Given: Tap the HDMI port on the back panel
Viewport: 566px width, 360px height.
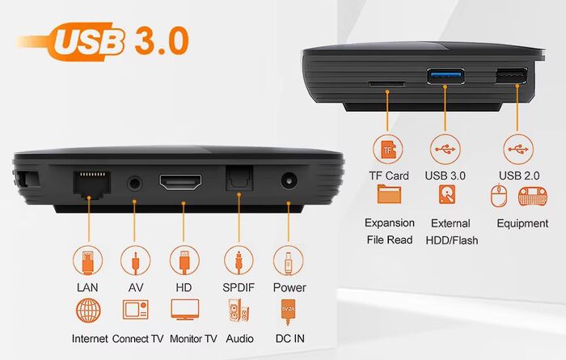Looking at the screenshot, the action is tap(180, 182).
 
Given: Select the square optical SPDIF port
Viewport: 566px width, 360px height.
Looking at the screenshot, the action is tap(239, 178).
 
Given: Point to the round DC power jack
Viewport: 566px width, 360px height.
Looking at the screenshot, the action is tap(289, 180).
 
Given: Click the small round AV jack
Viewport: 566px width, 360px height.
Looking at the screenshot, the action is tap(135, 184).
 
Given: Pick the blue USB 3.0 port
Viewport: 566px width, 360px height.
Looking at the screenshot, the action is tap(446, 76).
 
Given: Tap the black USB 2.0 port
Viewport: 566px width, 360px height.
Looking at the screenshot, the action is tap(511, 75).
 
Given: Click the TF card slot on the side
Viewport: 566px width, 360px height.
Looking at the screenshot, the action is tap(386, 84).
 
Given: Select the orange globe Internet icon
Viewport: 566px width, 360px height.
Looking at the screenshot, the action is tap(88, 310).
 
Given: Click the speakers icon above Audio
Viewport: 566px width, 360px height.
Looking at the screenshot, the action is tap(239, 310).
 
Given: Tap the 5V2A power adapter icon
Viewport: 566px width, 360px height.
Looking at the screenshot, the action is tap(288, 311).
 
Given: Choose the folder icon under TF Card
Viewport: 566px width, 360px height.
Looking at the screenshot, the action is tap(389, 194).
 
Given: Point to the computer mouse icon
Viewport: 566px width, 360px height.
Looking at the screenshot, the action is tap(499, 196).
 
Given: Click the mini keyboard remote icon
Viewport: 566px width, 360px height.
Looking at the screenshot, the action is tap(532, 197).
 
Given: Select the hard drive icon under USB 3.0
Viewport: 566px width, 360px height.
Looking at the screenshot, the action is tap(447, 194).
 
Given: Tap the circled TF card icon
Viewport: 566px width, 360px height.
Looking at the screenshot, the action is tap(388, 149).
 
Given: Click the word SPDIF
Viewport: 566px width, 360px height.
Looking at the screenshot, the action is tap(239, 287).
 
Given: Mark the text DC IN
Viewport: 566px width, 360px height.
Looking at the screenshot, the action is tap(289, 338).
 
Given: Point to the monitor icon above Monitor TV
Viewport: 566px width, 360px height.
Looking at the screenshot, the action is tap(185, 310).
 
